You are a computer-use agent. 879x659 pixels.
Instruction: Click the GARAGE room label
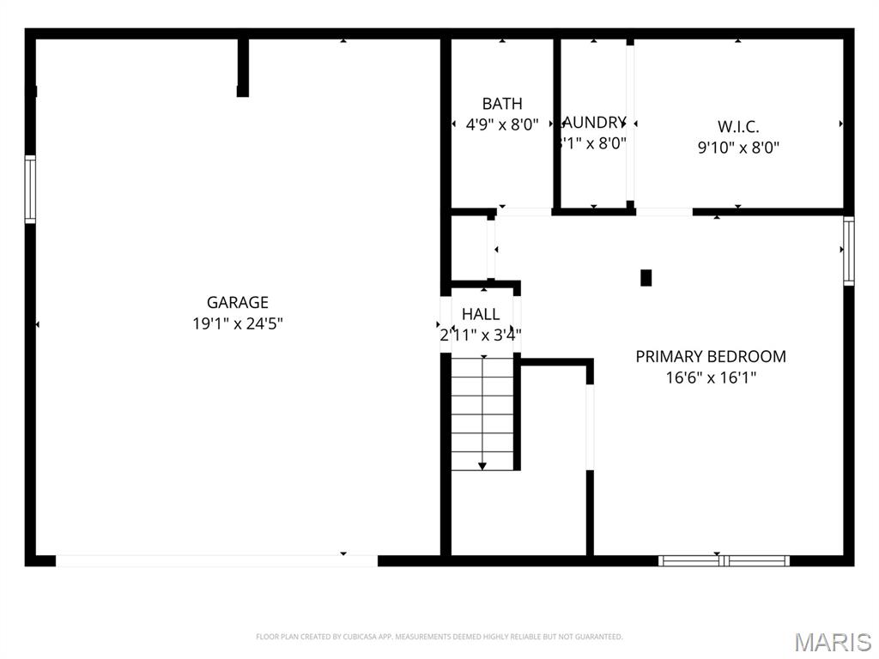[x=238, y=302]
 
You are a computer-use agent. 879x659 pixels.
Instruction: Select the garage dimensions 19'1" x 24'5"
[x=238, y=323]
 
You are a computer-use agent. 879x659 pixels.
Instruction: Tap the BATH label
[x=502, y=104]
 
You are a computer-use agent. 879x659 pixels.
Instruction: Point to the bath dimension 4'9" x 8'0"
[x=502, y=124]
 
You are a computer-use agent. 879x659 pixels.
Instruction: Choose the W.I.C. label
[x=738, y=126]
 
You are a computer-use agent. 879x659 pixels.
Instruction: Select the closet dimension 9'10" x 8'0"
[x=738, y=148]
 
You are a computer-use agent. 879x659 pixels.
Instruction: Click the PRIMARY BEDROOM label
[x=711, y=356]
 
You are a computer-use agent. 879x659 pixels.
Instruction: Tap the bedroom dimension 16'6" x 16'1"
[x=711, y=378]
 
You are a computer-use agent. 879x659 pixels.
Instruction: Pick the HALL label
[x=481, y=314]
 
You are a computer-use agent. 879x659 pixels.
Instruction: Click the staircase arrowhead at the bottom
[x=482, y=465]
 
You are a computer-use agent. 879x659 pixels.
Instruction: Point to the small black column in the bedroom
[x=646, y=278]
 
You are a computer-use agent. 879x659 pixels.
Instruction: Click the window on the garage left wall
[x=30, y=189]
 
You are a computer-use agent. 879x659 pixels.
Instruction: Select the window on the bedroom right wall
[x=848, y=251]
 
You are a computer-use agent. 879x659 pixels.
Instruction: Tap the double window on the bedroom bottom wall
[x=724, y=561]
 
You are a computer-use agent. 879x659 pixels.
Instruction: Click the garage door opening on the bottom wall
[x=216, y=560]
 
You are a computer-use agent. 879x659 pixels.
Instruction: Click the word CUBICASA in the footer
[x=352, y=637]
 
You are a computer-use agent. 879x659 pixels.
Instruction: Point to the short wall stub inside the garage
[x=243, y=67]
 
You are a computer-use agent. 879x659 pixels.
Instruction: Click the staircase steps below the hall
[x=482, y=412]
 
